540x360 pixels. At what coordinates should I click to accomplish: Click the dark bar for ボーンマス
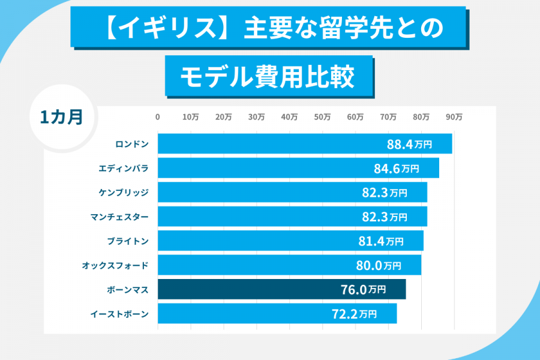281,289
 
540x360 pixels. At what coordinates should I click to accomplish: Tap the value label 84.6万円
396,169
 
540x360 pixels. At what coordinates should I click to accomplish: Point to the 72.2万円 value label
354,313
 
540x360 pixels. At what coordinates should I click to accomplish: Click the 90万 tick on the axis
454,118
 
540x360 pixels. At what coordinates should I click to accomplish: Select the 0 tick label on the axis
158,118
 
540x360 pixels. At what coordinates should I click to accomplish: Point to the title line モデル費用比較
268,77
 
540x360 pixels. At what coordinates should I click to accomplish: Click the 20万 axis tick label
223,118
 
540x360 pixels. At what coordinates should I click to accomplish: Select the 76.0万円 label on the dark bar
363,289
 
